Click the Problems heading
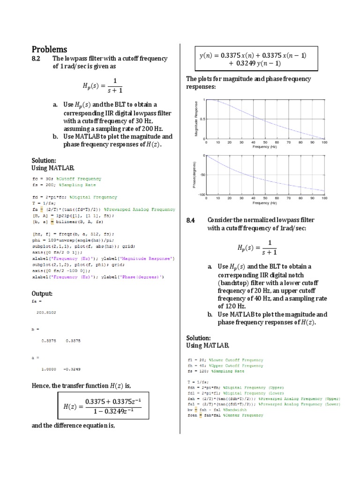click(49, 49)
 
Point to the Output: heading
click(42, 293)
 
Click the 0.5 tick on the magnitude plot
click(201, 119)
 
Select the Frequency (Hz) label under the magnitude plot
click(265, 147)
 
